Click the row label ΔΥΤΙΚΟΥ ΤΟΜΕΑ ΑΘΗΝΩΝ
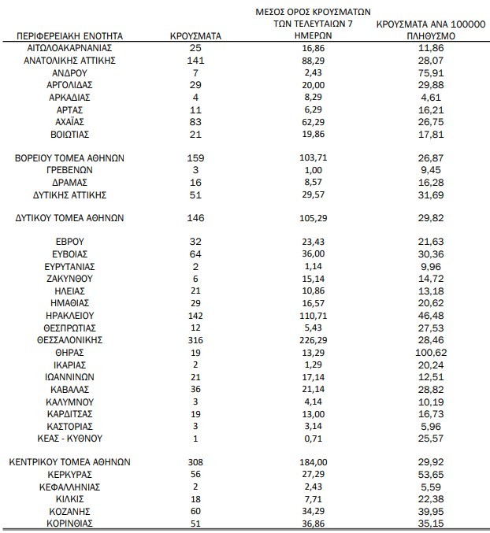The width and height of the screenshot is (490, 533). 70,218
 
